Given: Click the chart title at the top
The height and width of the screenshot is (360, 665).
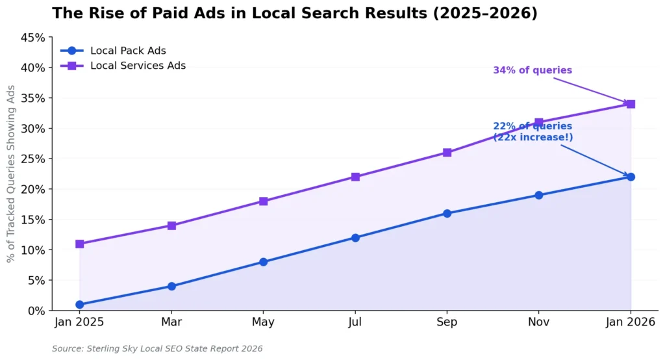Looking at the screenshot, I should (294, 13).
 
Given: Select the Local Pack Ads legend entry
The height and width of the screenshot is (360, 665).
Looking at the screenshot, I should (123, 51).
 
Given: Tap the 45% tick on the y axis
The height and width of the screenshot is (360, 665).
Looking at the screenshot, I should (32, 38).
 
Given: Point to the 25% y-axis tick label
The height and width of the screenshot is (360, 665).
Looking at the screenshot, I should (32, 159).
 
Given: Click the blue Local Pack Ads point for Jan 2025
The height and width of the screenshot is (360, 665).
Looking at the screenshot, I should (79, 304).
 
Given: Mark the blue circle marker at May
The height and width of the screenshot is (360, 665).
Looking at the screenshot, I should (263, 262).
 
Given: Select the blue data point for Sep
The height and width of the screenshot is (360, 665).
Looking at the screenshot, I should (447, 213).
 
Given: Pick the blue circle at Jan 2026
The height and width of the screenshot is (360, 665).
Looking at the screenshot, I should (631, 177).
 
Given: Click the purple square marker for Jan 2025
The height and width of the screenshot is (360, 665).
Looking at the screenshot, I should (79, 244).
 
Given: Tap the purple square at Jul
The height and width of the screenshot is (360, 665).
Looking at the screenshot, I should (355, 177).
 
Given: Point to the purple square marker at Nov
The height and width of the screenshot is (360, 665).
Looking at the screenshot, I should (538, 122).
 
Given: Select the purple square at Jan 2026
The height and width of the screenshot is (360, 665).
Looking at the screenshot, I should (631, 104).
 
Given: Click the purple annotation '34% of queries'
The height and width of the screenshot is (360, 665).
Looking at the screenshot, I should (533, 70).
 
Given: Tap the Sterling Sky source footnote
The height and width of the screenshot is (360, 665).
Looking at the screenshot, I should (157, 349).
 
